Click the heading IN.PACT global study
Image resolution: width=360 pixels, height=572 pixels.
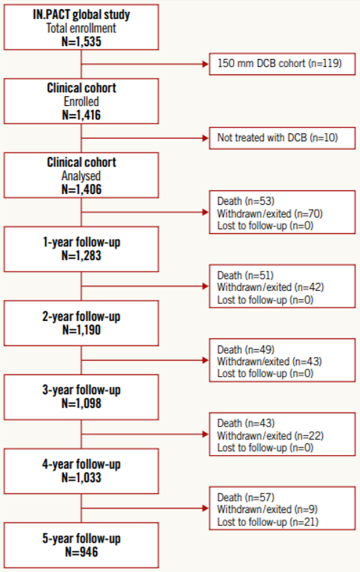81,15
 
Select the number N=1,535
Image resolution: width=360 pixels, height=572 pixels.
81,42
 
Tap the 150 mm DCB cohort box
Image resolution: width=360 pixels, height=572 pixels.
282,64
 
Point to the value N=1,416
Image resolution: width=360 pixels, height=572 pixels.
81,115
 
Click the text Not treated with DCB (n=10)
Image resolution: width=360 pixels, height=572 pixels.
277,137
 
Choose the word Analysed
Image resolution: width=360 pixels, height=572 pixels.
81,176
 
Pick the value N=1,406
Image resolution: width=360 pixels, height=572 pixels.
81,189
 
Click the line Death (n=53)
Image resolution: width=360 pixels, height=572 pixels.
246,201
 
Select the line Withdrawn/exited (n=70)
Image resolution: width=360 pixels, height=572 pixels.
270,213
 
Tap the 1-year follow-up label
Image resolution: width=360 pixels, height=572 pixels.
81,242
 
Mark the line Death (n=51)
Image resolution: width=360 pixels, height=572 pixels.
245,276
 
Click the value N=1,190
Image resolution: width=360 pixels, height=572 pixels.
81,330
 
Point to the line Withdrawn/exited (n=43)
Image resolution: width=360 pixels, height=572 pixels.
269,361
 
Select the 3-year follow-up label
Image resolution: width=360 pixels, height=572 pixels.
81,390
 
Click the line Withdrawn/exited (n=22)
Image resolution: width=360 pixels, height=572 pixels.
270,436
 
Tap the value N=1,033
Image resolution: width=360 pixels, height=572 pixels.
81,478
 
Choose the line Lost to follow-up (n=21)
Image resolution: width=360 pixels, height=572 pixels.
268,522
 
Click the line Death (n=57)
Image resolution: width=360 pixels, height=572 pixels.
246,497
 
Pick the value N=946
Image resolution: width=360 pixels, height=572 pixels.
81,552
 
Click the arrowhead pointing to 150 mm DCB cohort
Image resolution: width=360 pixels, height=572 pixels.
205,64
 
